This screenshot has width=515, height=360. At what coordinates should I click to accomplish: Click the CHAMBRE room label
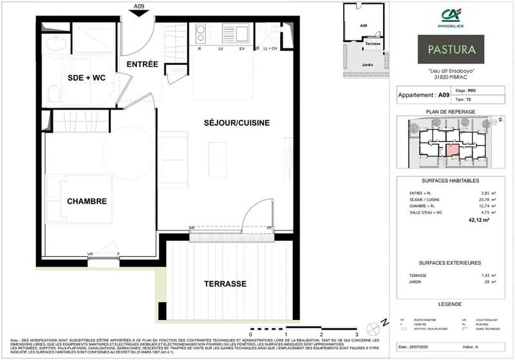click(86, 202)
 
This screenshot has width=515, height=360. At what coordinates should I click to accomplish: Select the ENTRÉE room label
click(142, 64)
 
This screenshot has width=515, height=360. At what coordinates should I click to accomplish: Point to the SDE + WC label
click(86, 78)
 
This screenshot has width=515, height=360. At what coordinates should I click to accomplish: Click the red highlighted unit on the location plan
click(451, 149)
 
